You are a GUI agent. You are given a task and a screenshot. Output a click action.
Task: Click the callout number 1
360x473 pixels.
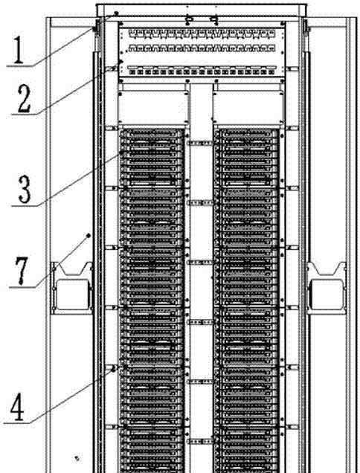point(19,50)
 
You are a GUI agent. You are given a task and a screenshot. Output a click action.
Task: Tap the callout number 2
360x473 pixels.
point(24,99)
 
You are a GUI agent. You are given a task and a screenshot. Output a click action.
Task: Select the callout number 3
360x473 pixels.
point(25,189)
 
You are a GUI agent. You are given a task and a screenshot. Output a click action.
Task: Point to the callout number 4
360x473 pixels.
point(18,407)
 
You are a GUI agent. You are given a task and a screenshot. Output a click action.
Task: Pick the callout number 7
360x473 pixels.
point(22,270)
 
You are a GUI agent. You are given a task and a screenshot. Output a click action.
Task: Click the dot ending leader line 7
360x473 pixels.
point(89,235)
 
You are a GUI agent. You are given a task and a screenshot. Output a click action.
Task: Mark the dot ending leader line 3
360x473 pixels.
point(122,152)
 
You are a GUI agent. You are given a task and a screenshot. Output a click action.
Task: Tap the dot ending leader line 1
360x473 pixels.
point(117,13)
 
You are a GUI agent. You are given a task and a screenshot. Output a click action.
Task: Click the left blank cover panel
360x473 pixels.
point(154,108)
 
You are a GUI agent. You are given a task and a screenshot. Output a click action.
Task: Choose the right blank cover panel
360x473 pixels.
point(248,108)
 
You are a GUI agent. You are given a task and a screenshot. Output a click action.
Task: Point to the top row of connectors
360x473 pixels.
point(202,33)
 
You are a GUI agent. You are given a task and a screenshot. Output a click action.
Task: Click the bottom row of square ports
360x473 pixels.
point(202,72)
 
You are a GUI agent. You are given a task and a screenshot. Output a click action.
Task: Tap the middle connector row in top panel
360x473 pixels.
point(202,48)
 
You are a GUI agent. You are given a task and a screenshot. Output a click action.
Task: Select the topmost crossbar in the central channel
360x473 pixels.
point(201,143)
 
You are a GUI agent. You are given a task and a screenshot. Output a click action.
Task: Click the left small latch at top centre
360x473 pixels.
point(189,20)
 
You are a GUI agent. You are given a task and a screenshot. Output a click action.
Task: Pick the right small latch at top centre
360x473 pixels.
point(215,20)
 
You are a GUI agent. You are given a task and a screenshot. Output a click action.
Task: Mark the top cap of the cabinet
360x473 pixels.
point(202,10)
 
